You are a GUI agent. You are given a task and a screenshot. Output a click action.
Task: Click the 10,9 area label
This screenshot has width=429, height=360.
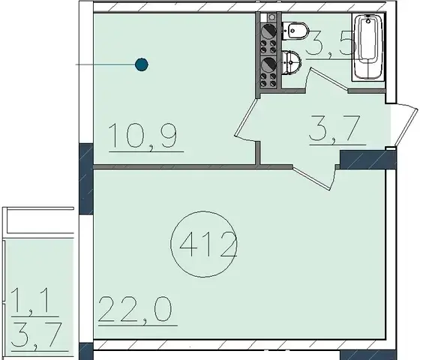click(x=142, y=136)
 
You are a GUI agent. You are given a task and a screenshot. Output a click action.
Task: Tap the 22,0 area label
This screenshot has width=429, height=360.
click(x=135, y=310)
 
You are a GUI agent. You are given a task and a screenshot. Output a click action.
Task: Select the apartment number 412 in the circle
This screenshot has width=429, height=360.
click(x=208, y=244)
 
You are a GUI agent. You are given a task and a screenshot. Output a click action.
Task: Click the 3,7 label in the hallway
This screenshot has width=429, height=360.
click(x=334, y=128)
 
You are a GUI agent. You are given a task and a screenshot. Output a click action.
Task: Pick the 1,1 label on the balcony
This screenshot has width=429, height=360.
click(x=30, y=300)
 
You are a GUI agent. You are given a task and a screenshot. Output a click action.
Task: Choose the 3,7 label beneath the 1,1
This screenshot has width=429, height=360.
click(x=36, y=335)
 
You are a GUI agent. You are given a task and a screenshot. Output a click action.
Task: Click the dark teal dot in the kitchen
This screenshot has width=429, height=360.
click(x=142, y=64)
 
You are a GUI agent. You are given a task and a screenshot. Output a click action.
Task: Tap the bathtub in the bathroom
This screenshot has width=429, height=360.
click(x=368, y=46)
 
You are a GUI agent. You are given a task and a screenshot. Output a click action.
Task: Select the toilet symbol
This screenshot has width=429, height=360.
click(x=295, y=30)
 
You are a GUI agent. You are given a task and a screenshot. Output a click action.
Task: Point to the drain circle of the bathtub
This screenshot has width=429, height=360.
click(x=368, y=21)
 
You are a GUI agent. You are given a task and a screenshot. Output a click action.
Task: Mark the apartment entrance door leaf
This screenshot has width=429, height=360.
click(x=406, y=127)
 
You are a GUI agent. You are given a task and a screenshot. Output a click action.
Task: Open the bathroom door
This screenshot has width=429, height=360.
click(x=328, y=79)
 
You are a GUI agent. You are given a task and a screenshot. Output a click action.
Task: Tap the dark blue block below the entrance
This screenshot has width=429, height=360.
click(x=368, y=159)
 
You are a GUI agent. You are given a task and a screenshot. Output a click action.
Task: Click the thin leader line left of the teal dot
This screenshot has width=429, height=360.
click(x=105, y=64)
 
